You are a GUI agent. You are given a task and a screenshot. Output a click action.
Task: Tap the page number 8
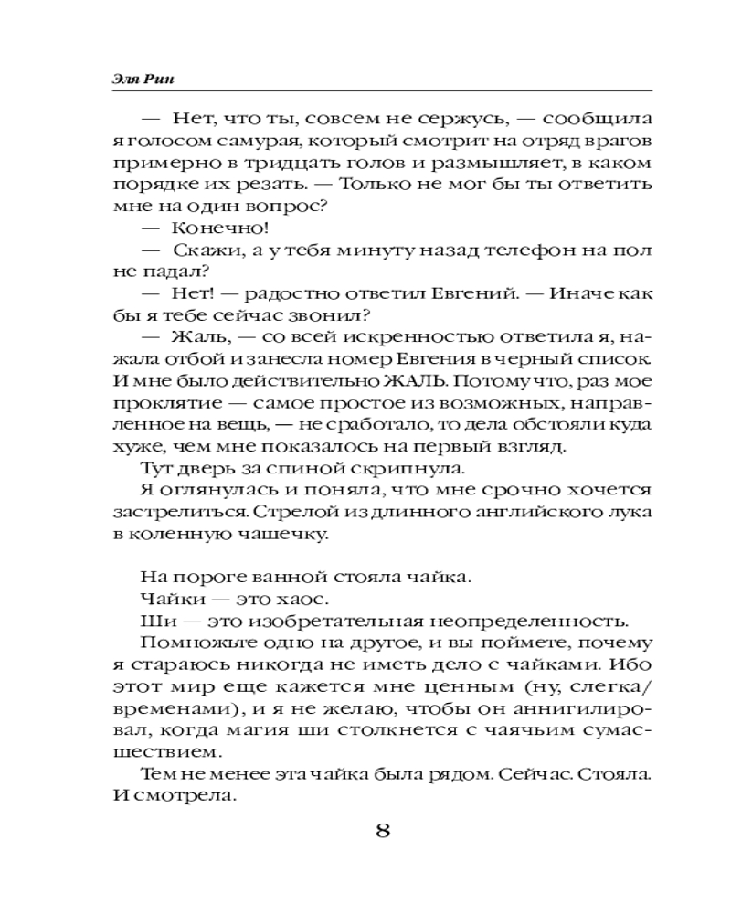(x=384, y=832)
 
